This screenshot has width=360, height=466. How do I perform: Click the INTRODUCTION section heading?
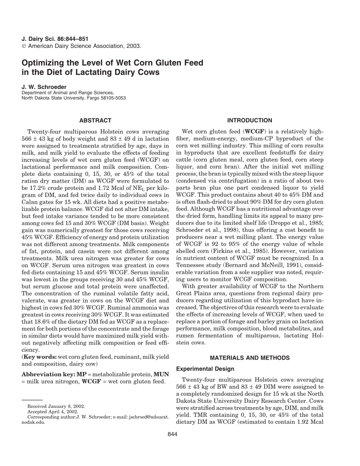(250, 121)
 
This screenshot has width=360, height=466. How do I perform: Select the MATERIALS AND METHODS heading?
(250, 358)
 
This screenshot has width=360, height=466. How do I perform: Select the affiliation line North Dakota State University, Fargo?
(74, 98)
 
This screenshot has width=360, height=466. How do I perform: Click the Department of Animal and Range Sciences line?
(68, 93)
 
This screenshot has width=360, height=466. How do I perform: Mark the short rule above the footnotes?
(32, 399)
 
